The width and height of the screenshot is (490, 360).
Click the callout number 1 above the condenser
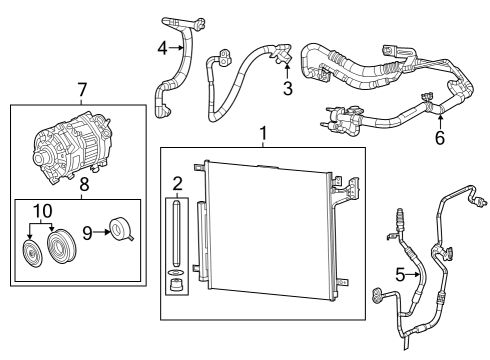(263, 133)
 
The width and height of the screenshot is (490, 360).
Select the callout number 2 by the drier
(176, 183)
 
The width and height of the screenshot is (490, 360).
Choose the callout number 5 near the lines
(400, 274)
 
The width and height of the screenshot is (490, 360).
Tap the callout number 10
(43, 210)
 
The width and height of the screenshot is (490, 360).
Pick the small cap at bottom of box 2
(176, 284)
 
